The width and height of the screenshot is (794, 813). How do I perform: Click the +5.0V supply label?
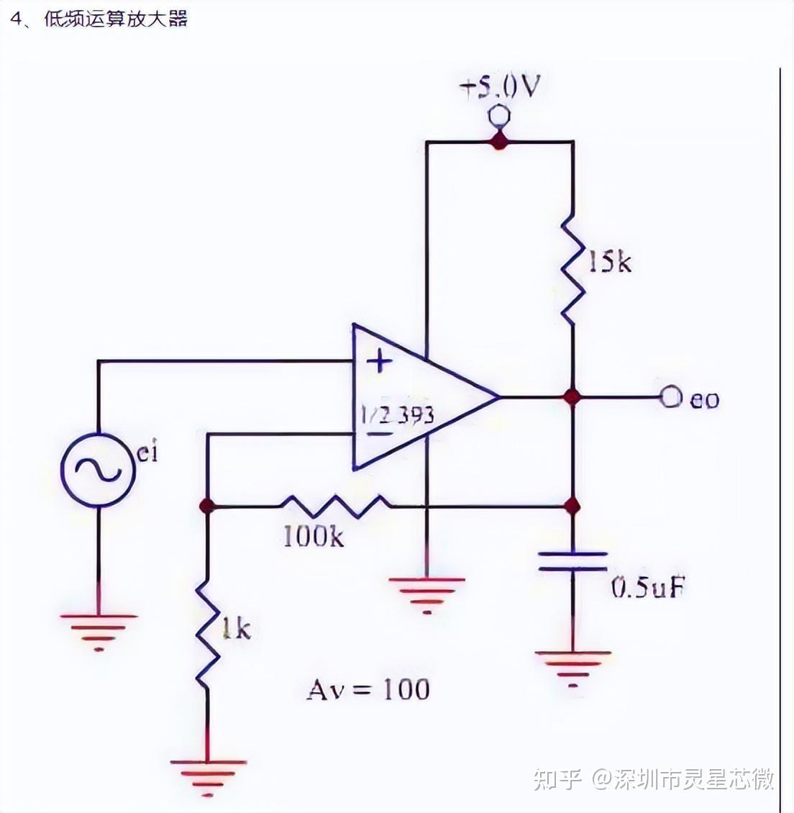[x=501, y=88]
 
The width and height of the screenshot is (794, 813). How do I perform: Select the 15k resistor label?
[x=610, y=262]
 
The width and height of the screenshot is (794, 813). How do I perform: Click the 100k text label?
[x=314, y=536]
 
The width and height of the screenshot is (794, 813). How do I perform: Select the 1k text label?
[x=236, y=630]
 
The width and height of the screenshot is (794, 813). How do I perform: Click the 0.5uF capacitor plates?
[x=573, y=561]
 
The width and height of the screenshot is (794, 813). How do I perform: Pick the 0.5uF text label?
[x=647, y=589]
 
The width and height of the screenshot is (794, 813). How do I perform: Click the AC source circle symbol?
[x=99, y=470]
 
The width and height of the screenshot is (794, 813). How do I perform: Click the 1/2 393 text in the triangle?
[x=398, y=415]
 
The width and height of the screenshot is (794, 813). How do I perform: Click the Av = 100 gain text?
[x=368, y=689]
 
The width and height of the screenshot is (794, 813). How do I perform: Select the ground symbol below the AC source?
[x=99, y=630]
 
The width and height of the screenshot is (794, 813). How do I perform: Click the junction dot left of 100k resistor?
[x=207, y=506]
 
